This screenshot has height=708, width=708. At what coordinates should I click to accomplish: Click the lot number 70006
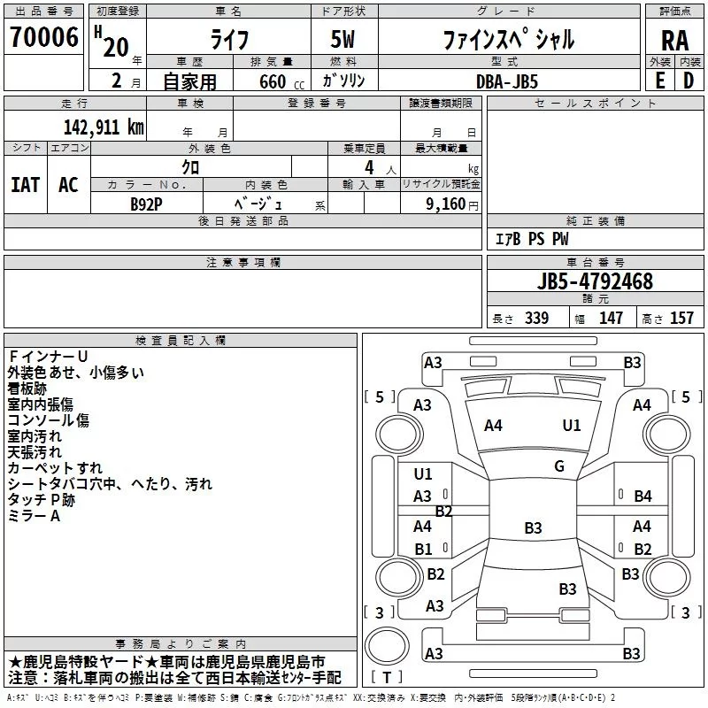(43, 37)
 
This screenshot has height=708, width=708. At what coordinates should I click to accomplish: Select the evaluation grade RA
(674, 41)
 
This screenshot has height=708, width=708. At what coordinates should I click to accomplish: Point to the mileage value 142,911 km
(104, 126)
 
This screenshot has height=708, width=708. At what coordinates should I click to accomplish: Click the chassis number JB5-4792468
(594, 281)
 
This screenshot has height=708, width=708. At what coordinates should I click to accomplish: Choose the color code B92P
(146, 204)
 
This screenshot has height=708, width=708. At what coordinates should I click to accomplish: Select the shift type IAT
(25, 184)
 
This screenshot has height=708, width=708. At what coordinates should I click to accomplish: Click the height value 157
(681, 319)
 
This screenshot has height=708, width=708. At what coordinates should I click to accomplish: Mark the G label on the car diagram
(559, 466)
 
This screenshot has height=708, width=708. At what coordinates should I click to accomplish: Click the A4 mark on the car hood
(493, 426)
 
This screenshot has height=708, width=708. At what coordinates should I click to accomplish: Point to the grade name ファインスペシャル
(508, 40)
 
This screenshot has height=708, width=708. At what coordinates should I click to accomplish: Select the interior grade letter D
(688, 81)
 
